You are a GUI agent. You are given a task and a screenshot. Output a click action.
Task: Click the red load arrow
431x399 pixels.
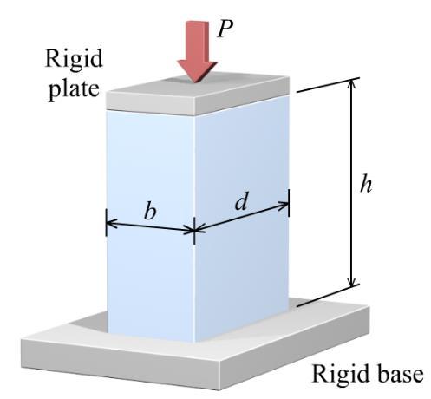[x=197, y=51]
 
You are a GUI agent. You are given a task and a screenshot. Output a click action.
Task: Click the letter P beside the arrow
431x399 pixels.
[x=225, y=29]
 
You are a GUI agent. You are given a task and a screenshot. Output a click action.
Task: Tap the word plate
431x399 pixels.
[x=74, y=88]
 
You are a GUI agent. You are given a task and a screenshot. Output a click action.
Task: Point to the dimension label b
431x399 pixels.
[x=150, y=210]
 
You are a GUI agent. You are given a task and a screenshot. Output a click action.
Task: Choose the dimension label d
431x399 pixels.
[x=241, y=200]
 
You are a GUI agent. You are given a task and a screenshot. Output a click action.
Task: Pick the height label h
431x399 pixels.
[x=366, y=184]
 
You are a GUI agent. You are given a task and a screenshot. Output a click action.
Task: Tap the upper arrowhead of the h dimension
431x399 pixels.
[x=351, y=84]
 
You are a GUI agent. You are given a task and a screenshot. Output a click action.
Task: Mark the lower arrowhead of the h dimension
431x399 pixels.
[x=351, y=281]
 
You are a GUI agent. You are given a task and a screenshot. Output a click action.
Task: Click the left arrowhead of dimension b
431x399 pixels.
[x=112, y=224]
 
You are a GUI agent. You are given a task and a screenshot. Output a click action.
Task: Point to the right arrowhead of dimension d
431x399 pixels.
[x=283, y=205]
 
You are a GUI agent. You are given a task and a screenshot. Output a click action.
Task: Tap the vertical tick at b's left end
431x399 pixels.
[x=106, y=223]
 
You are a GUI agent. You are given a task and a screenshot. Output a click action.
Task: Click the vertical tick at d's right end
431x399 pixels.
[x=289, y=203]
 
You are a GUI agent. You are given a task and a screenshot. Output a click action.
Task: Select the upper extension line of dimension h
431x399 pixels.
[x=328, y=85]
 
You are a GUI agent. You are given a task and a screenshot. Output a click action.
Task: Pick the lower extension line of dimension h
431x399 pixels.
[x=329, y=295]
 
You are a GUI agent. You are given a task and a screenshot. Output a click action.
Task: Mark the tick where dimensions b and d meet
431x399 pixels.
[x=194, y=231]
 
